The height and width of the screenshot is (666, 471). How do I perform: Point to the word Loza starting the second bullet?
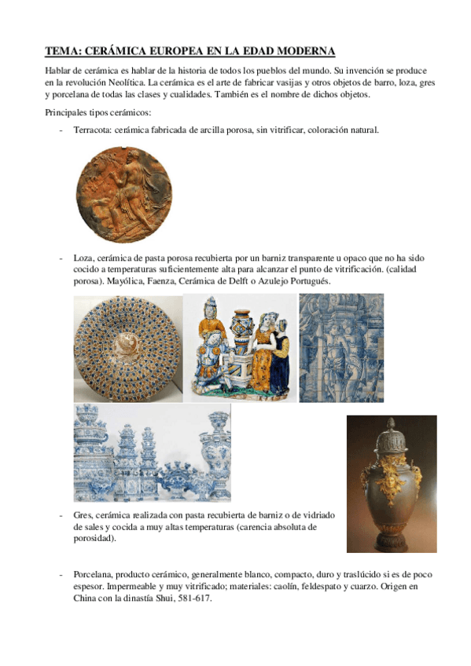click(x=82, y=258)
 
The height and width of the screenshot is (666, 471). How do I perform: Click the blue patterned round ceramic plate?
click(x=127, y=348)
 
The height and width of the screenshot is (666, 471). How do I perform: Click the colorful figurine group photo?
click(x=240, y=348)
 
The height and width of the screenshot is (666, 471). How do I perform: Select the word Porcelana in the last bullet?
click(x=94, y=574)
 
